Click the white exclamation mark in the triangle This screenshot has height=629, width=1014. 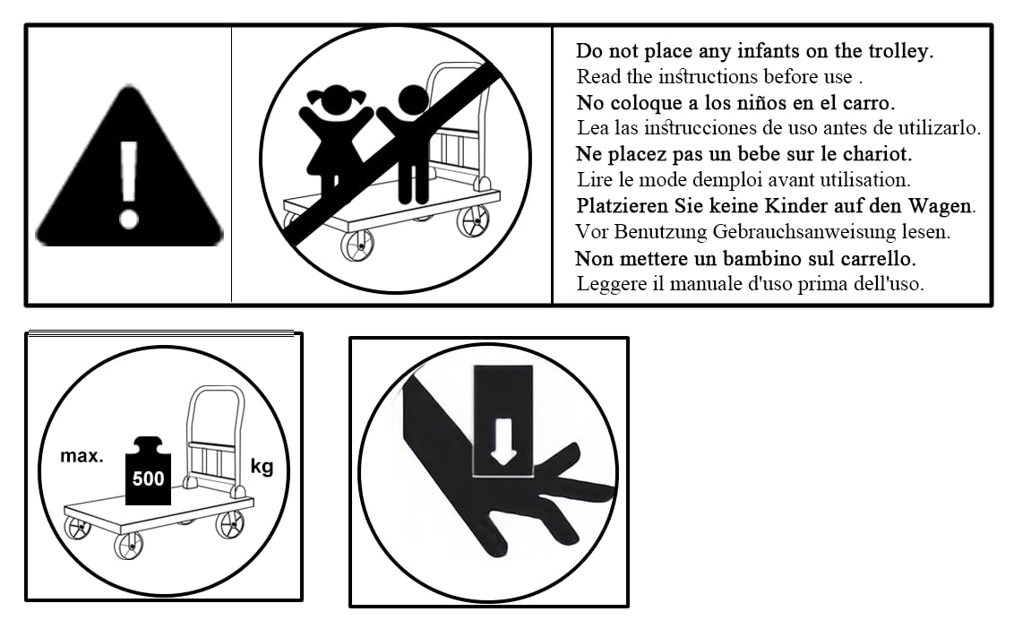(x=129, y=185)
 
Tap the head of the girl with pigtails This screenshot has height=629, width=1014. (x=335, y=99)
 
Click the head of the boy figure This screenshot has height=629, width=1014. (x=413, y=100)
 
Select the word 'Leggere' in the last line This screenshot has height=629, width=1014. (x=608, y=284)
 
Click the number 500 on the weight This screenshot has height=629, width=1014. (x=148, y=478)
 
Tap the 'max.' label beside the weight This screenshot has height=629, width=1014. (x=82, y=456)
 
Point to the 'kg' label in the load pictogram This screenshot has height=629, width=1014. (x=262, y=467)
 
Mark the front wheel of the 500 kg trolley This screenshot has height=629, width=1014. (x=128, y=546)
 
